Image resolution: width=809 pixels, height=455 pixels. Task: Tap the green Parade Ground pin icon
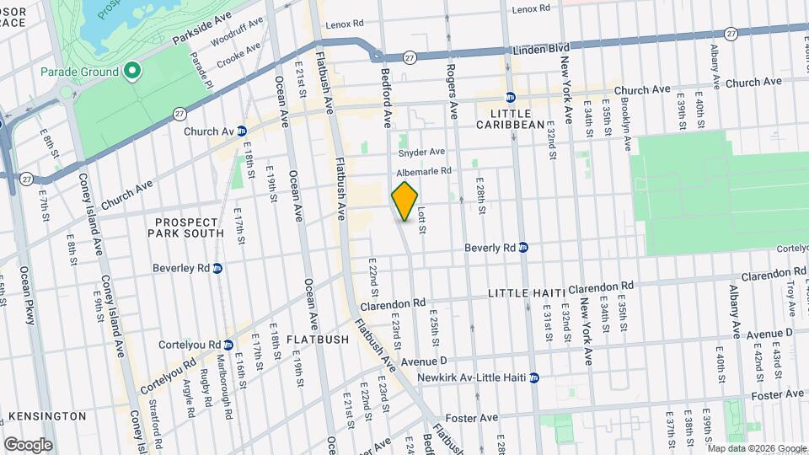[131, 72]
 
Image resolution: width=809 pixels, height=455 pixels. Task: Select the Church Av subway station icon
[241, 131]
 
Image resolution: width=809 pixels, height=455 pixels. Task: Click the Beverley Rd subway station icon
[217, 268]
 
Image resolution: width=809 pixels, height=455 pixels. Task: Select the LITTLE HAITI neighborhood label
[527, 292]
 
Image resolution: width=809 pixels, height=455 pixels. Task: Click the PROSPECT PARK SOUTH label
[189, 227]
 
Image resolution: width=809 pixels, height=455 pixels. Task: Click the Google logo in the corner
[28, 444]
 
